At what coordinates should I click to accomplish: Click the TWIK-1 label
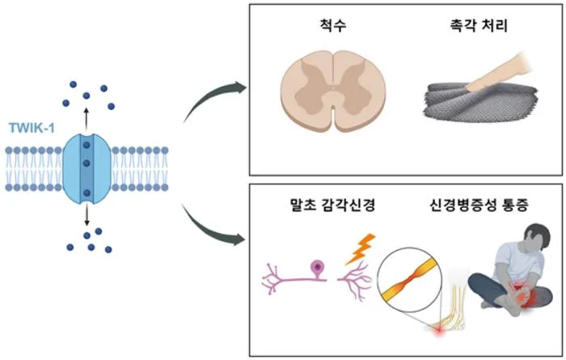pyautogui.click(x=32, y=128)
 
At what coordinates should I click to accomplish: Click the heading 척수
pyautogui.click(x=333, y=25)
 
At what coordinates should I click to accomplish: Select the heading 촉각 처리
pyautogui.click(x=479, y=25)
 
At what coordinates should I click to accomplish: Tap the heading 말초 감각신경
pyautogui.click(x=332, y=205)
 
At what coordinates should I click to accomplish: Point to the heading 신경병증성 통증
pyautogui.click(x=479, y=205)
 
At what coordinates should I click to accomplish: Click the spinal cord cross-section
pyautogui.click(x=333, y=91)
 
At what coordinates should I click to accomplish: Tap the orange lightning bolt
pyautogui.click(x=361, y=249)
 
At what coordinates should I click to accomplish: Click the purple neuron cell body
pyautogui.click(x=317, y=268)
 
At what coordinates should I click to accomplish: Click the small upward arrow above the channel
pyautogui.click(x=86, y=118)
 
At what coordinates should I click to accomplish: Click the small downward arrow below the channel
pyautogui.click(x=87, y=215)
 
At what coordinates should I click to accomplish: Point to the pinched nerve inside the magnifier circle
pyautogui.click(x=410, y=279)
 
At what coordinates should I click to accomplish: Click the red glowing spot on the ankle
pyautogui.click(x=440, y=329)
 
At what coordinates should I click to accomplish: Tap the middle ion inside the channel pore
pyautogui.click(x=87, y=163)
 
